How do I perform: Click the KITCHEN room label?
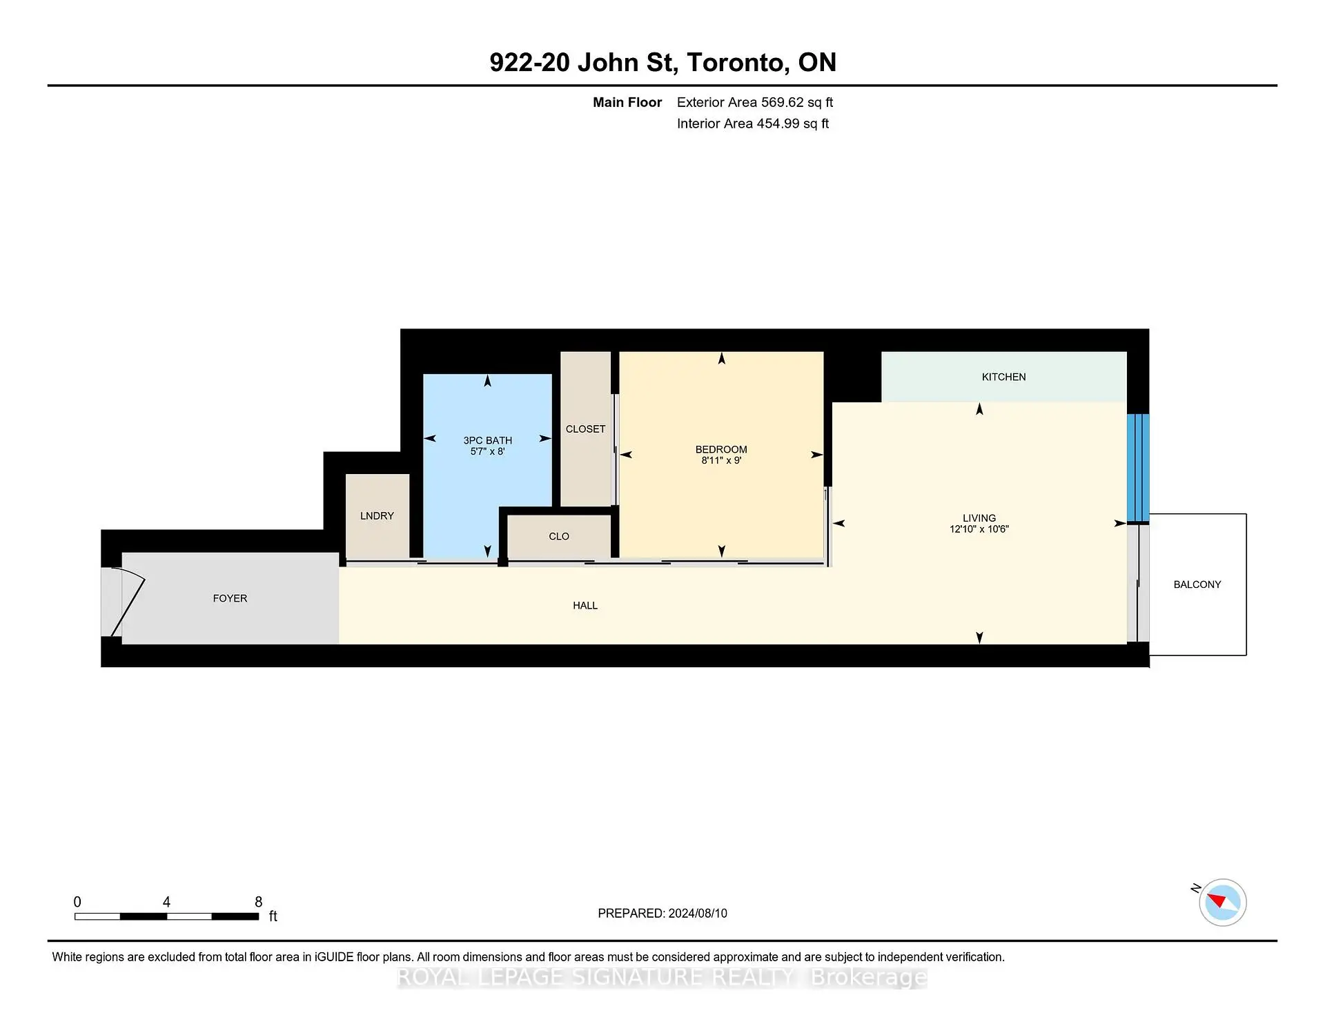1003,377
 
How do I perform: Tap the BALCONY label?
1197,584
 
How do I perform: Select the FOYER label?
230,598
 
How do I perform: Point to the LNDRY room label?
377,515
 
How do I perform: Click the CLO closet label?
559,536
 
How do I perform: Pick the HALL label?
585,605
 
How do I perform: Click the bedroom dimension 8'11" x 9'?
721,460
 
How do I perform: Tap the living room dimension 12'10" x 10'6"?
979,529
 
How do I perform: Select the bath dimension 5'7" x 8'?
488,451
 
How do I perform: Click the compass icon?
1222,902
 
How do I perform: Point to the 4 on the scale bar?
166,902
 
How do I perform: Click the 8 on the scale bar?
259,902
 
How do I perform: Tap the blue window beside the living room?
1138,467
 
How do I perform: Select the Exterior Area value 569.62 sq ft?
797,102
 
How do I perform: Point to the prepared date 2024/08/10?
698,913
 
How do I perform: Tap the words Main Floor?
627,102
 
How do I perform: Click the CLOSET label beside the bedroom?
585,429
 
